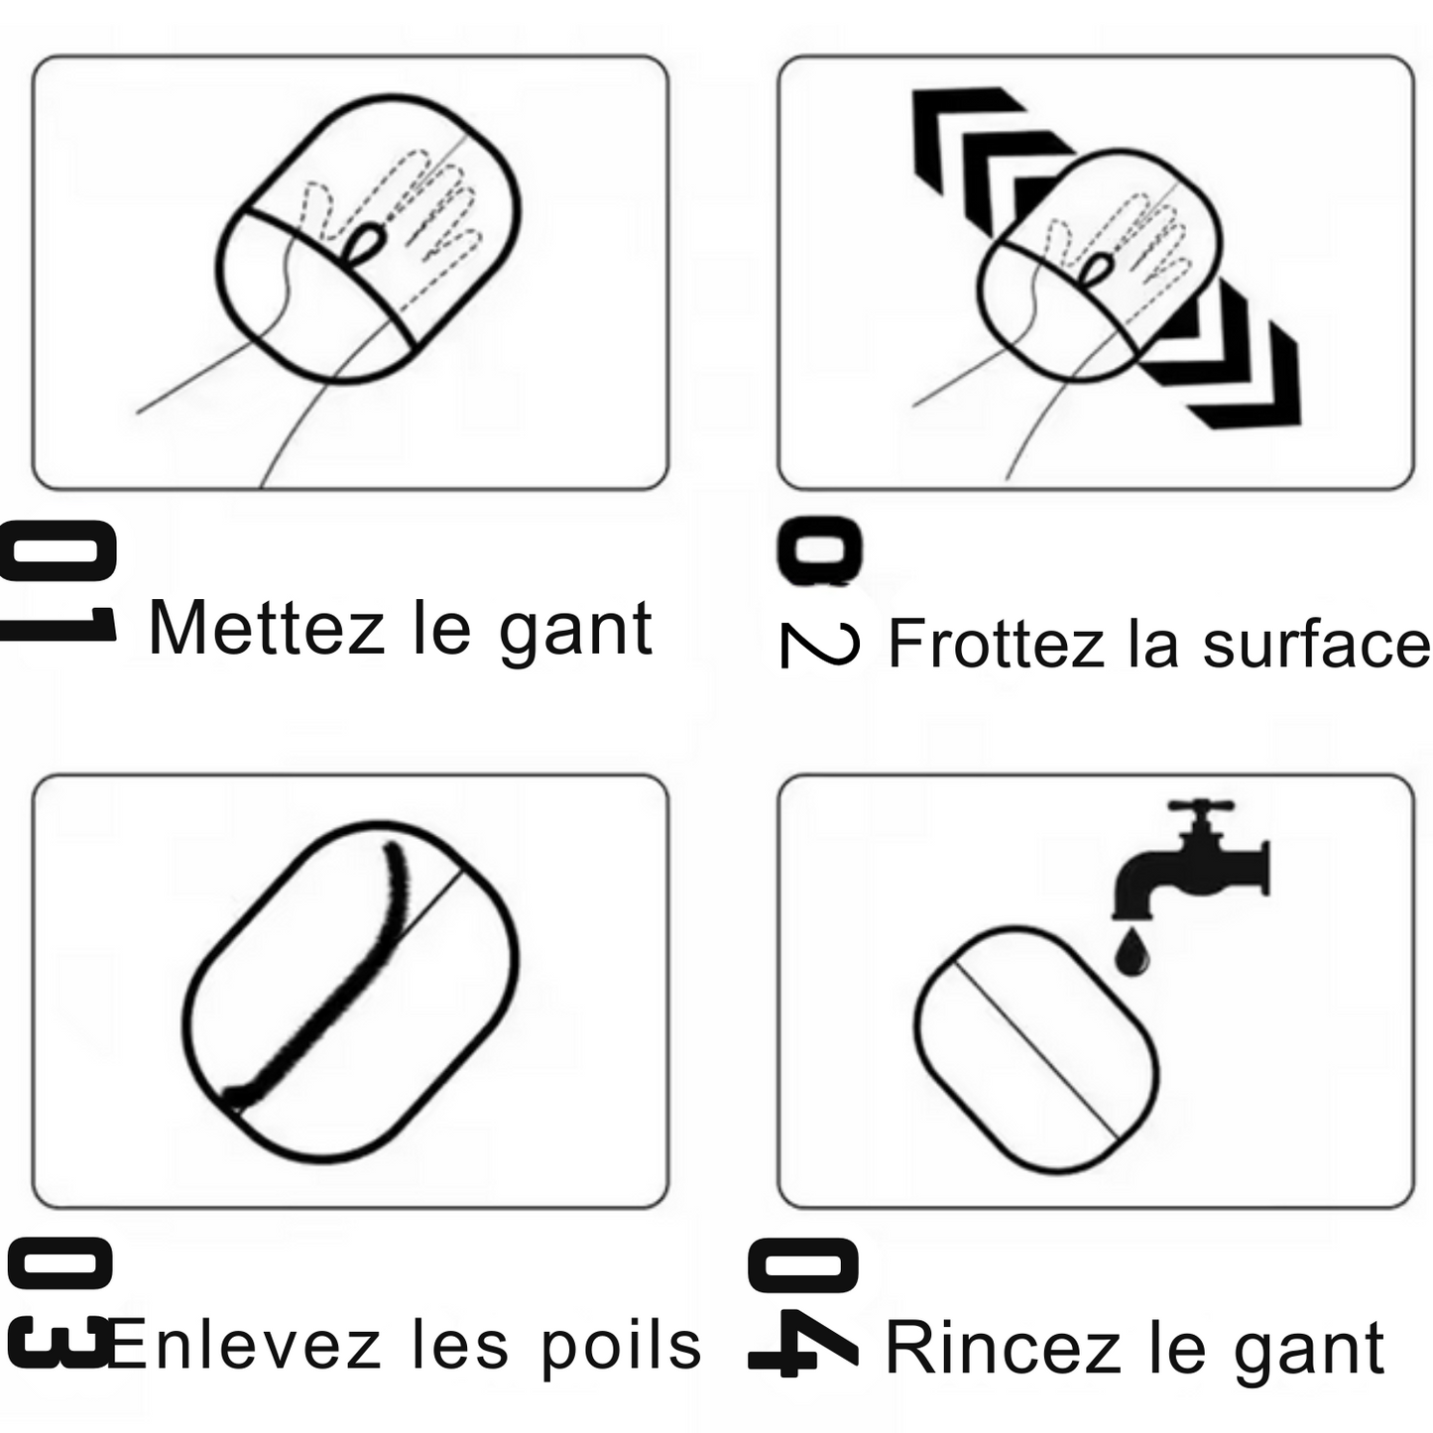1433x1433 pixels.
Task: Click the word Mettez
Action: (266, 629)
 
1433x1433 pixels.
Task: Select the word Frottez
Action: (997, 643)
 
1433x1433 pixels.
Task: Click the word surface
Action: (1317, 643)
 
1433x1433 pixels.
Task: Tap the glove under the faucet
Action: (1036, 1049)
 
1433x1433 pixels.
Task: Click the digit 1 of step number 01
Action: (58, 624)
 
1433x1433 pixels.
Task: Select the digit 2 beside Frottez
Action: (820, 644)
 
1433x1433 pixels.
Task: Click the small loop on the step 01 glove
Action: (366, 243)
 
